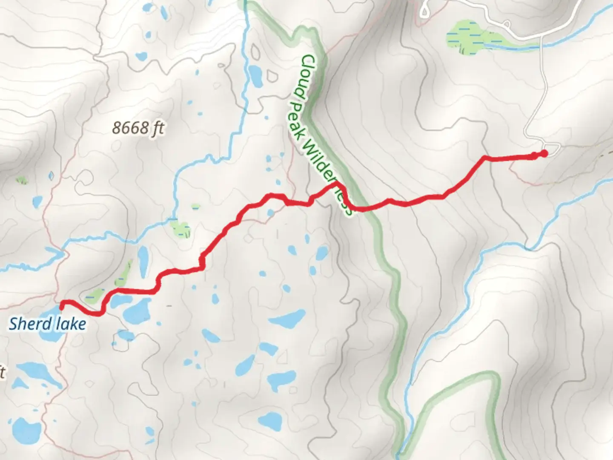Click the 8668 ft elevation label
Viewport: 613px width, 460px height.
[x=138, y=127]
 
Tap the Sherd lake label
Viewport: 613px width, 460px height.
[x=47, y=324]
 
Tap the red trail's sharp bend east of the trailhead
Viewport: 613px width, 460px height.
[x=484, y=158]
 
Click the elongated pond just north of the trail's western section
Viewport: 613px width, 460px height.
[x=143, y=260]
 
